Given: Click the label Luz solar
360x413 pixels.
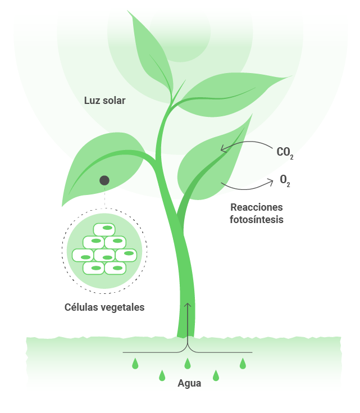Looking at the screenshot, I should pos(104,101).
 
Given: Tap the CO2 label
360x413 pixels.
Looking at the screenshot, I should pos(285,152).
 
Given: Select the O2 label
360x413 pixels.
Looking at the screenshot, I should pos(285,181).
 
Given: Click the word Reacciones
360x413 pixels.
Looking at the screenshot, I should pos(257,207).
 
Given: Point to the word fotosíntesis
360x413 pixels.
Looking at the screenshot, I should pos(257,220).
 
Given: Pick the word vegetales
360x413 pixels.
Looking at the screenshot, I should pos(124,307).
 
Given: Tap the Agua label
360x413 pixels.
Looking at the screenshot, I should pos(189,384).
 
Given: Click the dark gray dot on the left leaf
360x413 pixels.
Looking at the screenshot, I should pos(104,180).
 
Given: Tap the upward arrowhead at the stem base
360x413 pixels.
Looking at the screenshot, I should pos(188,305).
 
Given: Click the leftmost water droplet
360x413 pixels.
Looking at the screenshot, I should pos(135,364).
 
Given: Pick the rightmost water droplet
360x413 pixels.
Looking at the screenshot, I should pos(243,364).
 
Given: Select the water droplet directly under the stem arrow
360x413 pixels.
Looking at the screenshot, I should pos(188,364).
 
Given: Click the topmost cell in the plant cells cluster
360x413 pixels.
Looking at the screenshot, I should pos(104,229).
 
